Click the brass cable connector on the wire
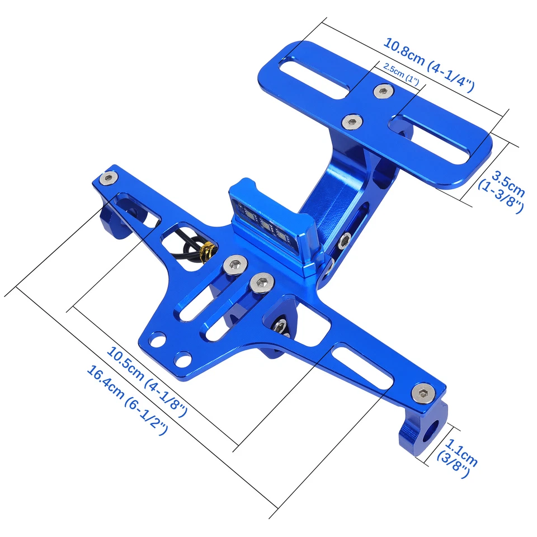[208, 252]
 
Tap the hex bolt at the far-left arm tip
[108, 178]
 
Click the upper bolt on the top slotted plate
[383, 91]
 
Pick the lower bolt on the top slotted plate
[351, 120]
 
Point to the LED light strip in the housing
[263, 225]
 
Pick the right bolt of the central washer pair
[262, 281]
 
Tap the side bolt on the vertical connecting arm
[345, 242]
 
